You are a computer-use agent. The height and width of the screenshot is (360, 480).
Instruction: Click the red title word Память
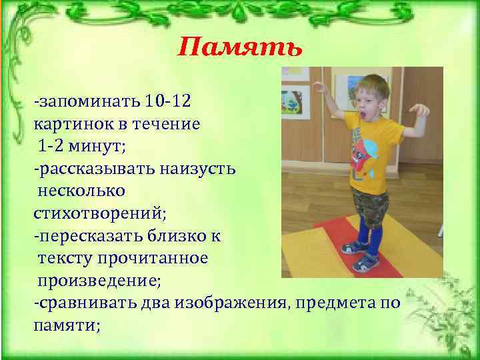pos(240,48)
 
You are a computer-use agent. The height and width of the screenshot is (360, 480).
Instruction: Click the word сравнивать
pos(85,303)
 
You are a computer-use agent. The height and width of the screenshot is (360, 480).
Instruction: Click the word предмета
pos(333,303)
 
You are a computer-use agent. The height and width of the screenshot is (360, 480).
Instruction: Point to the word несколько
pos(81,191)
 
